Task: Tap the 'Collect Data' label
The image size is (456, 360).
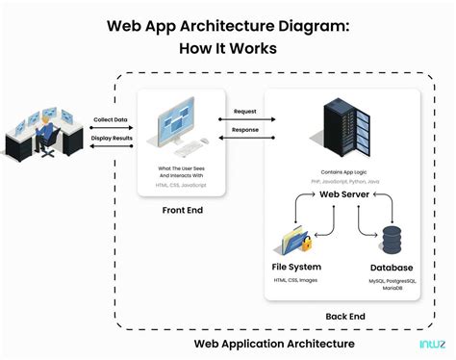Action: coord(111,119)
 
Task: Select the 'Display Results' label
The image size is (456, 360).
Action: coord(111,137)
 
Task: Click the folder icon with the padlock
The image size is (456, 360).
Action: coord(294,236)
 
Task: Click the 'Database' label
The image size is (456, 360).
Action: coord(393,267)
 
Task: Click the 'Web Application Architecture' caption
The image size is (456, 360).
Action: coord(274,343)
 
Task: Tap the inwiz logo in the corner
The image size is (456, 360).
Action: coord(431,343)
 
